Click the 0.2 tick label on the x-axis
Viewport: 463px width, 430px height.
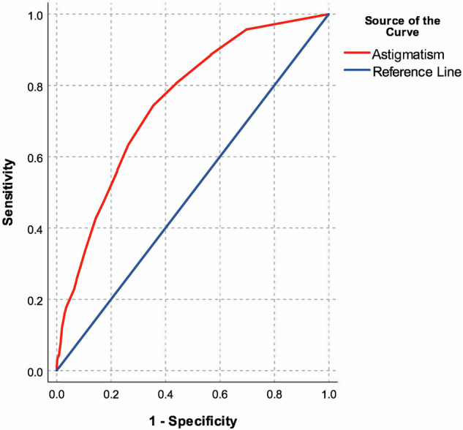111,393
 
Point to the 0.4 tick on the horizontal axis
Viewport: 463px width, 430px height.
165,393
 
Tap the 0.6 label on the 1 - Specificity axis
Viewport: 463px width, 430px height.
220,393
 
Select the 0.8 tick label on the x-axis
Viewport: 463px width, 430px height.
274,393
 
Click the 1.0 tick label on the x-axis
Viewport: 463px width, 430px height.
329,393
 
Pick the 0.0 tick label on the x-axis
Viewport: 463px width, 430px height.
57,393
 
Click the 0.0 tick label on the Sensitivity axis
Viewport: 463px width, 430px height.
35,371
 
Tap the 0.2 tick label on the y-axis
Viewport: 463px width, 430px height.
35,301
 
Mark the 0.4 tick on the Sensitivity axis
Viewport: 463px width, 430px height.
35,229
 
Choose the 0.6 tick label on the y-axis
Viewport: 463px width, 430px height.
35,157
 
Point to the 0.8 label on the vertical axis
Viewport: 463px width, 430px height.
35,86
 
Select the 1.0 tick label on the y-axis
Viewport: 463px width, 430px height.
35,15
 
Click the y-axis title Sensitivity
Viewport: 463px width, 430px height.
10,193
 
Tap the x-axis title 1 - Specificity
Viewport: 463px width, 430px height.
193,420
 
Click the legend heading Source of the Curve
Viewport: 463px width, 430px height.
402,26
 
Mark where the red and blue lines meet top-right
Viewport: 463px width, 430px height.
329,15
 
